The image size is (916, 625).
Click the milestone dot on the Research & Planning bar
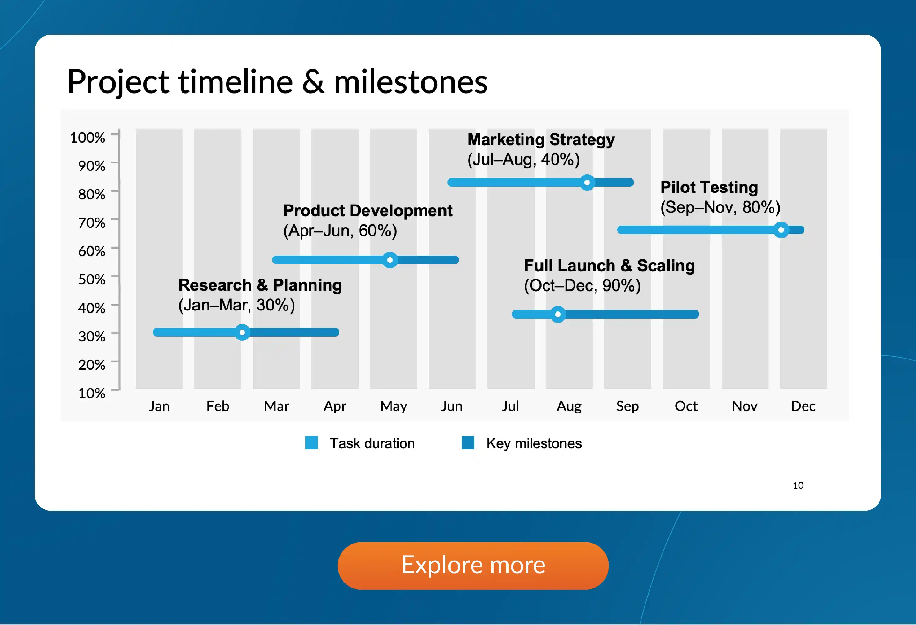[x=242, y=332]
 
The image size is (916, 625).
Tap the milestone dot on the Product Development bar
[x=390, y=260]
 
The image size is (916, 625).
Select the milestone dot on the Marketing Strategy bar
[x=587, y=183]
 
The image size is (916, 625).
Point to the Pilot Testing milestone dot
[x=781, y=230]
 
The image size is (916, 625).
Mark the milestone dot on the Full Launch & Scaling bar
[x=558, y=314]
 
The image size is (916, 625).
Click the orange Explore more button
[x=473, y=566]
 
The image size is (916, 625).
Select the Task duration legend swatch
[x=311, y=442]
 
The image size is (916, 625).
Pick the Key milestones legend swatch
[x=468, y=442]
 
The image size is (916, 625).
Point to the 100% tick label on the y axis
[x=87, y=138]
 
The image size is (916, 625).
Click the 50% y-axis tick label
[x=91, y=279]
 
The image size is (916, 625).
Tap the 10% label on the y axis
[x=91, y=393]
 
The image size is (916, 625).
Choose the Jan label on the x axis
[x=159, y=406]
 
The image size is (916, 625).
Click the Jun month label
[x=452, y=406]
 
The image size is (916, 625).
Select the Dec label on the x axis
[x=803, y=406]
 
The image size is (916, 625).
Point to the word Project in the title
[x=119, y=83]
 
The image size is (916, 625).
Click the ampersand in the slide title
[x=313, y=81]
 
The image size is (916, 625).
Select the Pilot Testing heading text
[x=709, y=187]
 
